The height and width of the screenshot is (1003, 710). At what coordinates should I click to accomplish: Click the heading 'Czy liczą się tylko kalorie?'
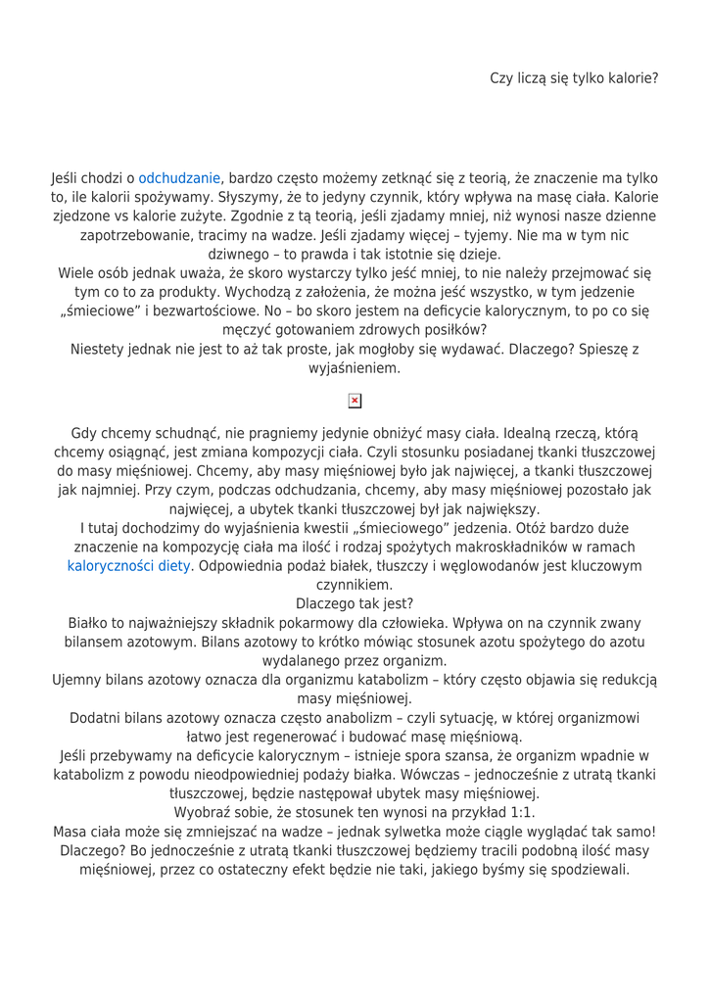574,75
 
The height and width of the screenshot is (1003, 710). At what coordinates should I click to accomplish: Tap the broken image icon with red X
355,402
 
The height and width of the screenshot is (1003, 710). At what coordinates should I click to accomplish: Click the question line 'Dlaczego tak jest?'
355,602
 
